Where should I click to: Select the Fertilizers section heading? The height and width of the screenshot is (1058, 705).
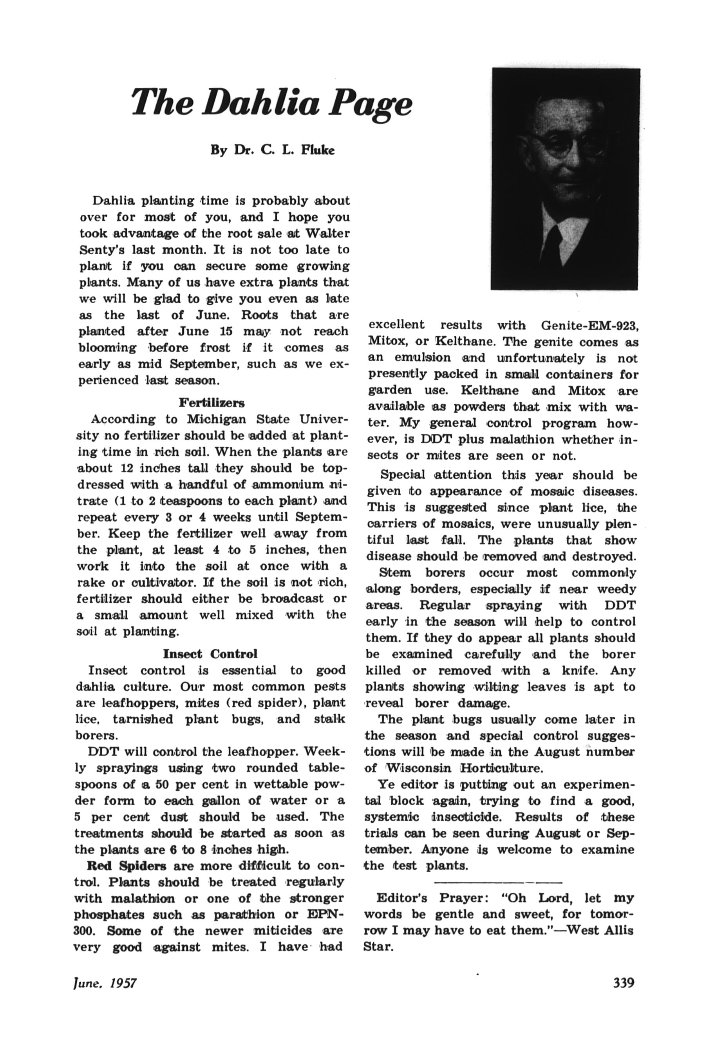pos(211,402)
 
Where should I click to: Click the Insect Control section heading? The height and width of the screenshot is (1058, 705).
pos(210,653)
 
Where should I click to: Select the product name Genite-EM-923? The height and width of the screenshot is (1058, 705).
pos(590,325)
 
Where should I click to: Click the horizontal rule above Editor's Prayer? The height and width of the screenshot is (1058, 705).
pos(498,881)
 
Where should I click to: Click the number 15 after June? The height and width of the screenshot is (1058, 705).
pos(226,332)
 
